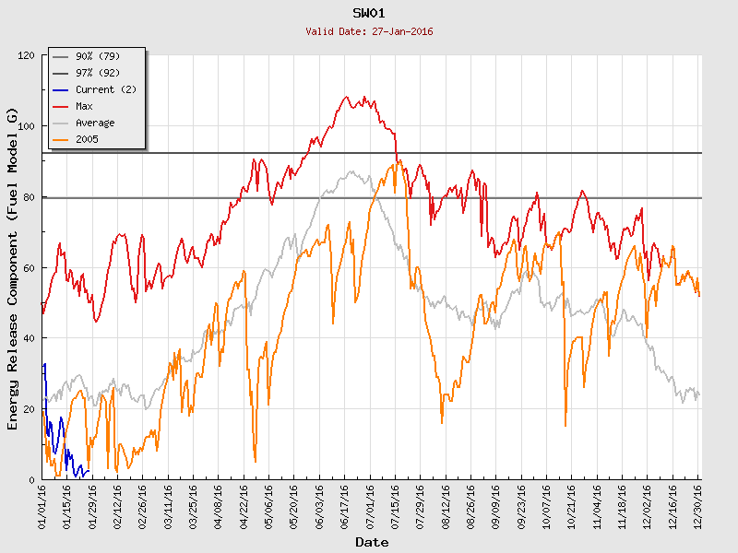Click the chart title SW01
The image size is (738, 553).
[369, 13]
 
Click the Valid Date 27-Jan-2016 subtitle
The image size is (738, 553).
[369, 31]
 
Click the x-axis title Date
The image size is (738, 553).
[372, 543]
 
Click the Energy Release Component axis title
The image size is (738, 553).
[13, 267]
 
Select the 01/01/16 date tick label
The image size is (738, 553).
[42, 506]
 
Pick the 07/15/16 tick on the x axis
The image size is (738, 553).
[395, 506]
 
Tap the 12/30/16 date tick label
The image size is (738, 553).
[697, 506]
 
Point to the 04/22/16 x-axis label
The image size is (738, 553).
[244, 506]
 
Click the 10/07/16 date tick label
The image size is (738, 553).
[546, 506]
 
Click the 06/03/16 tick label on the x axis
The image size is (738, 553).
[319, 506]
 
